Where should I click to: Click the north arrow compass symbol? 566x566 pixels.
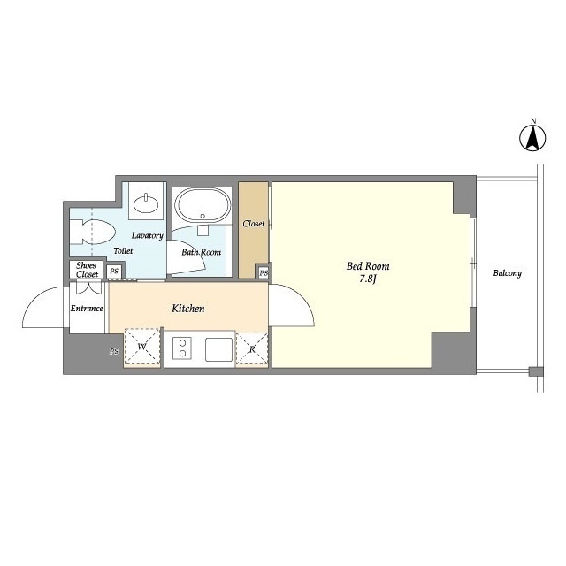(x=532, y=138)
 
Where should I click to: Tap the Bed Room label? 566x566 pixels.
(x=368, y=266)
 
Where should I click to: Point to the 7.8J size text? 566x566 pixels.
(x=368, y=279)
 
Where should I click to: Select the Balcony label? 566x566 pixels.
(x=507, y=273)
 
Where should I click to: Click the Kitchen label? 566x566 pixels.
(x=187, y=309)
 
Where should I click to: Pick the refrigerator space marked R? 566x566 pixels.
(x=251, y=348)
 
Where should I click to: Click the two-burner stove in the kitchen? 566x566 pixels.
(x=182, y=348)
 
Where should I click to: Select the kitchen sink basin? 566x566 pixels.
(x=218, y=349)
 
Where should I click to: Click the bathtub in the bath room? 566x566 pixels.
(x=203, y=205)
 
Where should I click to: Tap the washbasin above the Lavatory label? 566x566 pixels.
(x=146, y=204)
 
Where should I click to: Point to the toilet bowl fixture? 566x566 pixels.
(x=92, y=232)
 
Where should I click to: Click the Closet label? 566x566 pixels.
(x=254, y=224)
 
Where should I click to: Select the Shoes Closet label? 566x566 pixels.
(x=87, y=270)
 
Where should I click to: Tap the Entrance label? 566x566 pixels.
(x=87, y=309)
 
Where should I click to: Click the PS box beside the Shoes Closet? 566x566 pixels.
(x=114, y=271)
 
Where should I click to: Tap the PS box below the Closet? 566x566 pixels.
(x=264, y=273)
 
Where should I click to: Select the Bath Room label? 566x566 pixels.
(x=201, y=252)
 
